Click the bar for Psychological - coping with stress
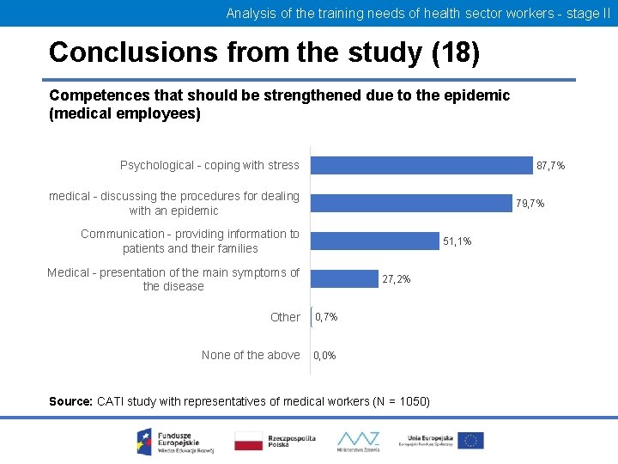pos(421,165)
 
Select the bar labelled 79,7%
pos(410,203)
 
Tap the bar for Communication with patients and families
pos(374,241)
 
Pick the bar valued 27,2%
pos(342,279)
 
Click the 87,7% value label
pos(550,166)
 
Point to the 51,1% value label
pos(457,241)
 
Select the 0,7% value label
pos(326,317)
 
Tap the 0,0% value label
pos(324,356)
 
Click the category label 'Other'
pos(285,317)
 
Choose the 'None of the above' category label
pos(251,355)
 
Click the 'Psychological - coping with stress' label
pos(209,165)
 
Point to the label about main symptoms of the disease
pos(173,279)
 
